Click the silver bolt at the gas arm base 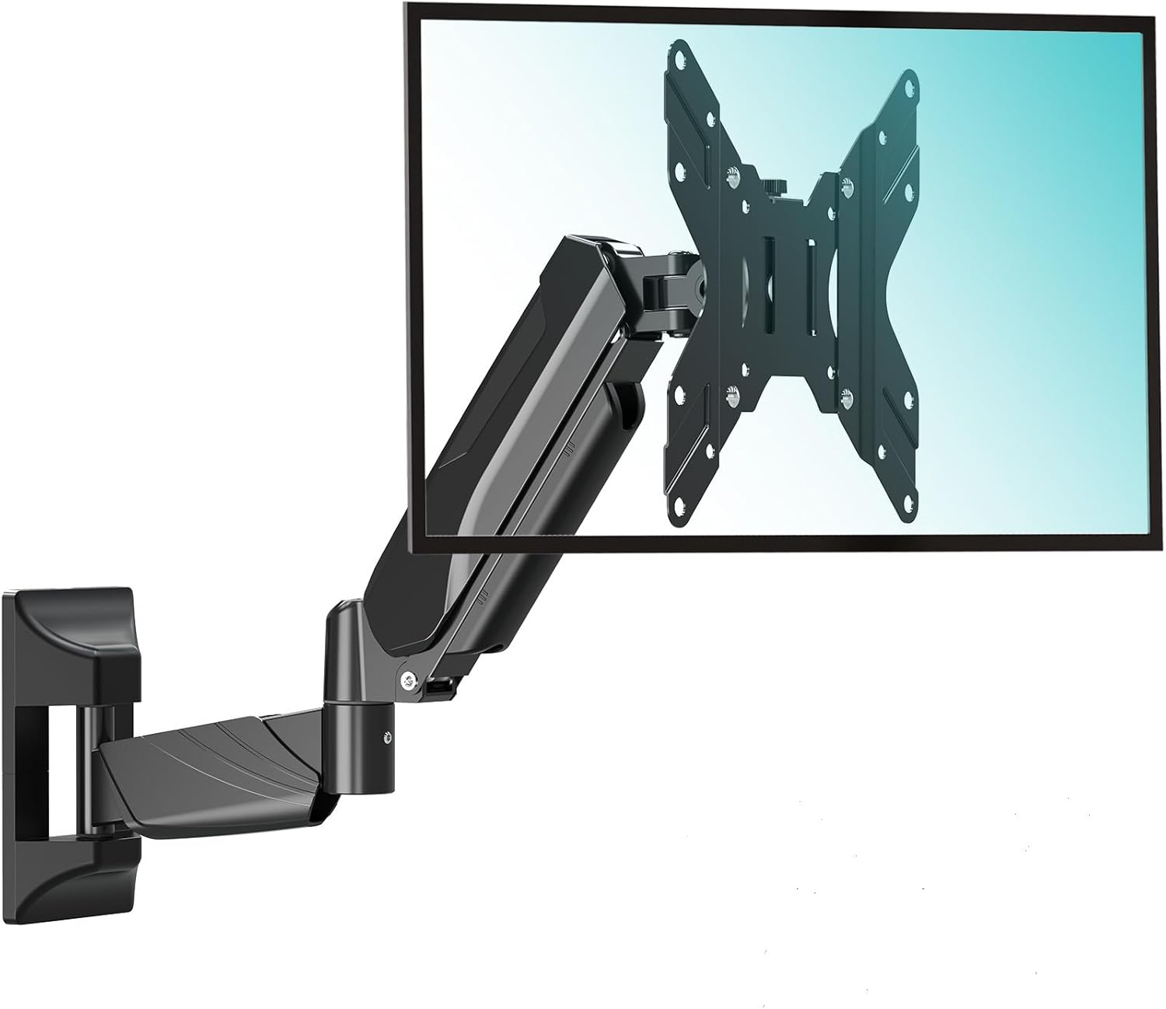pyautogui.click(x=407, y=679)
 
